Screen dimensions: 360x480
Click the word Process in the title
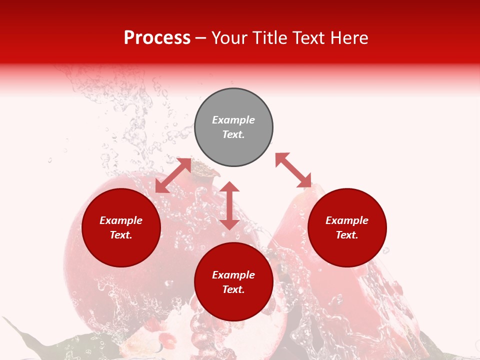pyautogui.click(x=157, y=38)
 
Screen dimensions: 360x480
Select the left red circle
pyautogui.click(x=121, y=227)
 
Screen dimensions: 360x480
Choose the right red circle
pyautogui.click(x=347, y=227)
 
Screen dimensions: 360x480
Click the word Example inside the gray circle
pyautogui.click(x=233, y=120)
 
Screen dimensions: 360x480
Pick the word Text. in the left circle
pyautogui.click(x=121, y=235)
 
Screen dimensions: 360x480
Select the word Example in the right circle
pyautogui.click(x=347, y=220)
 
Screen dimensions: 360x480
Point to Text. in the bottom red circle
pyautogui.click(x=233, y=289)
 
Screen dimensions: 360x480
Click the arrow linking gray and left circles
pyautogui.click(x=173, y=175)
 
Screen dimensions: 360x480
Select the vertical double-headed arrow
pyautogui.click(x=229, y=205)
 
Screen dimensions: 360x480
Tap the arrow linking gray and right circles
pyautogui.click(x=293, y=170)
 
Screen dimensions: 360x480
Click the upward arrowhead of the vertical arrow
pyautogui.click(x=229, y=187)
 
